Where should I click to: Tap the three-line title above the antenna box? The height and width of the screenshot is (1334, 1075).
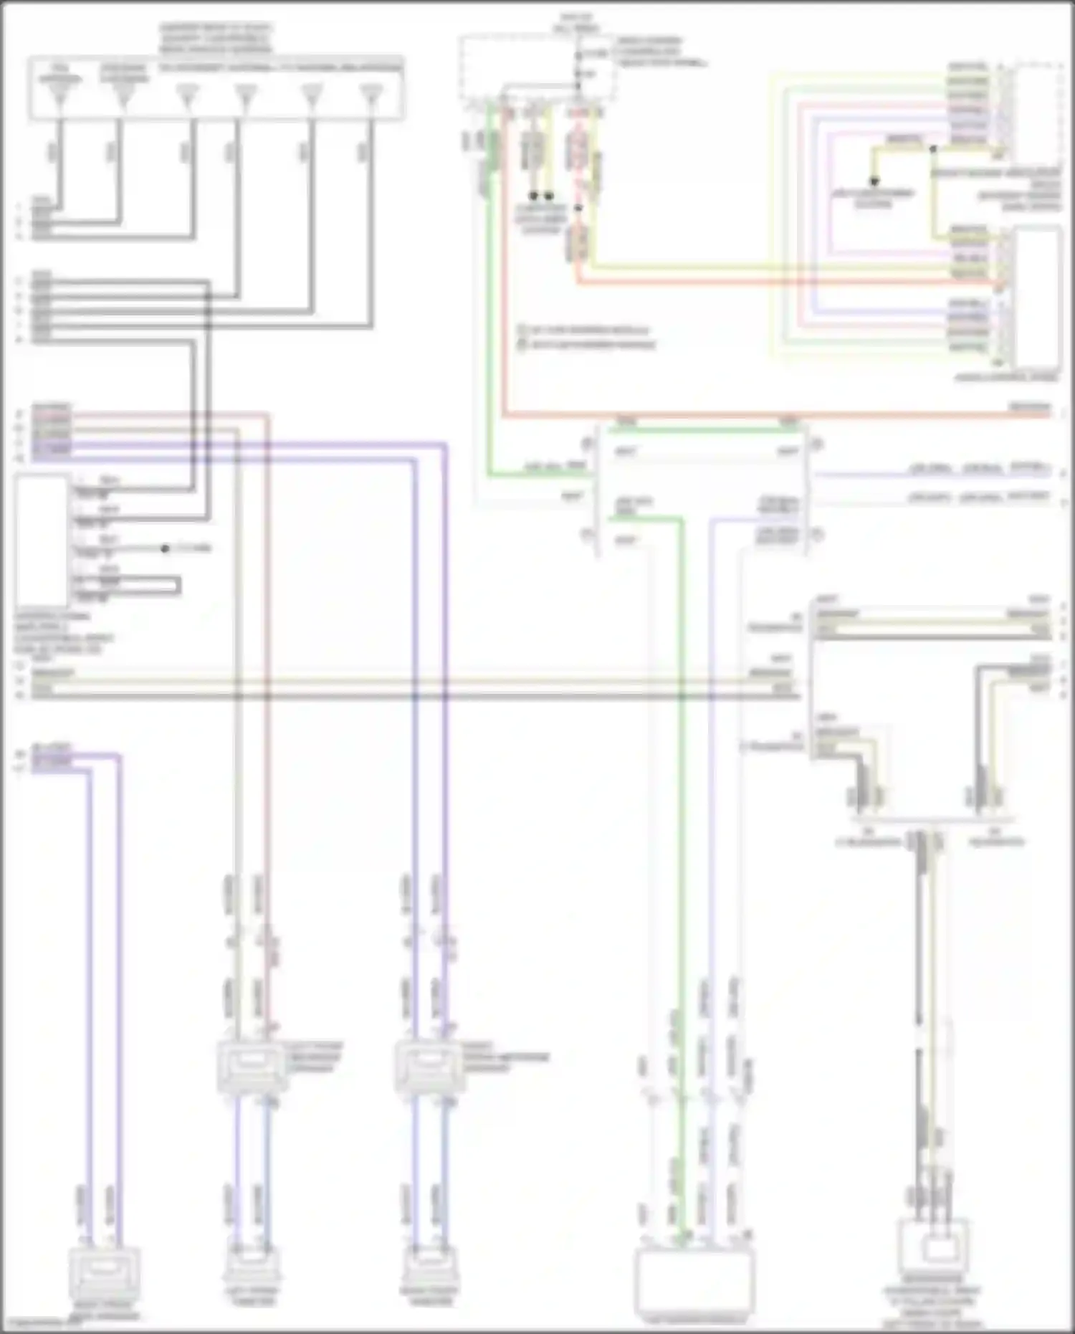click(x=216, y=39)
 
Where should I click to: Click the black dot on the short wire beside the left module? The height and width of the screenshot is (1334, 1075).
click(x=165, y=548)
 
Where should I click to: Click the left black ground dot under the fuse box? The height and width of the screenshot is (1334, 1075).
click(x=533, y=195)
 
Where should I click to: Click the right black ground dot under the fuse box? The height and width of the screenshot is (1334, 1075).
click(x=549, y=195)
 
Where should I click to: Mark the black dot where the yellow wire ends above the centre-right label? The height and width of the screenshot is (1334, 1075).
click(x=874, y=181)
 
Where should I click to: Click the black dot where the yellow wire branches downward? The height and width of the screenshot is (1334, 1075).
click(x=933, y=149)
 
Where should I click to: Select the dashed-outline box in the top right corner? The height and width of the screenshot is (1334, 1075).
click(x=1037, y=111)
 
